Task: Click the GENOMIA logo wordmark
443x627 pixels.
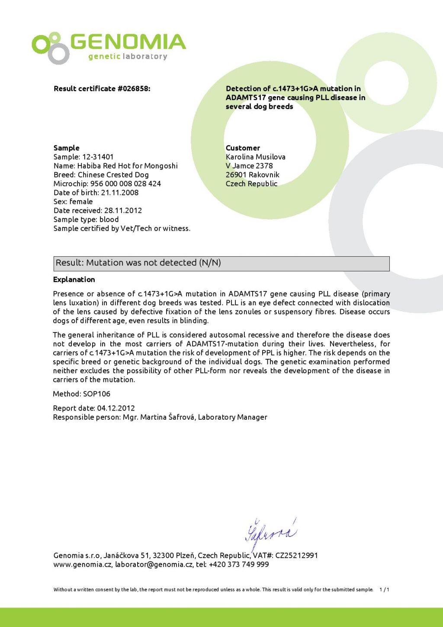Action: point(128,42)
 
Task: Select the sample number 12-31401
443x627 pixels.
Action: point(98,157)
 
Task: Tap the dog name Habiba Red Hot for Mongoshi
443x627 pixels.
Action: point(127,166)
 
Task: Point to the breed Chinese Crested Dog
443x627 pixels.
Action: point(113,175)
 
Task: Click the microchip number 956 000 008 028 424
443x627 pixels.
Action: point(125,184)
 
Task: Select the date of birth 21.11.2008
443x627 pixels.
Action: point(120,193)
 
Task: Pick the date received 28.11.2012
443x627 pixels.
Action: point(123,210)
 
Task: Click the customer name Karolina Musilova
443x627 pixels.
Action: point(255,157)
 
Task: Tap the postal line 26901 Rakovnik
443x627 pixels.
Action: point(252,175)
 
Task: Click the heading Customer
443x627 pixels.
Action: point(243,148)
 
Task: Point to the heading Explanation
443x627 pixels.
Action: point(74,280)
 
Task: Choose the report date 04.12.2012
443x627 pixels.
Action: point(116,408)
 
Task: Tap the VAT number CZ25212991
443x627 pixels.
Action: point(296,556)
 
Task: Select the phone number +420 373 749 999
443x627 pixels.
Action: point(238,565)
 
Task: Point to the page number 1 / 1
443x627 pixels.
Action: point(384,590)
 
